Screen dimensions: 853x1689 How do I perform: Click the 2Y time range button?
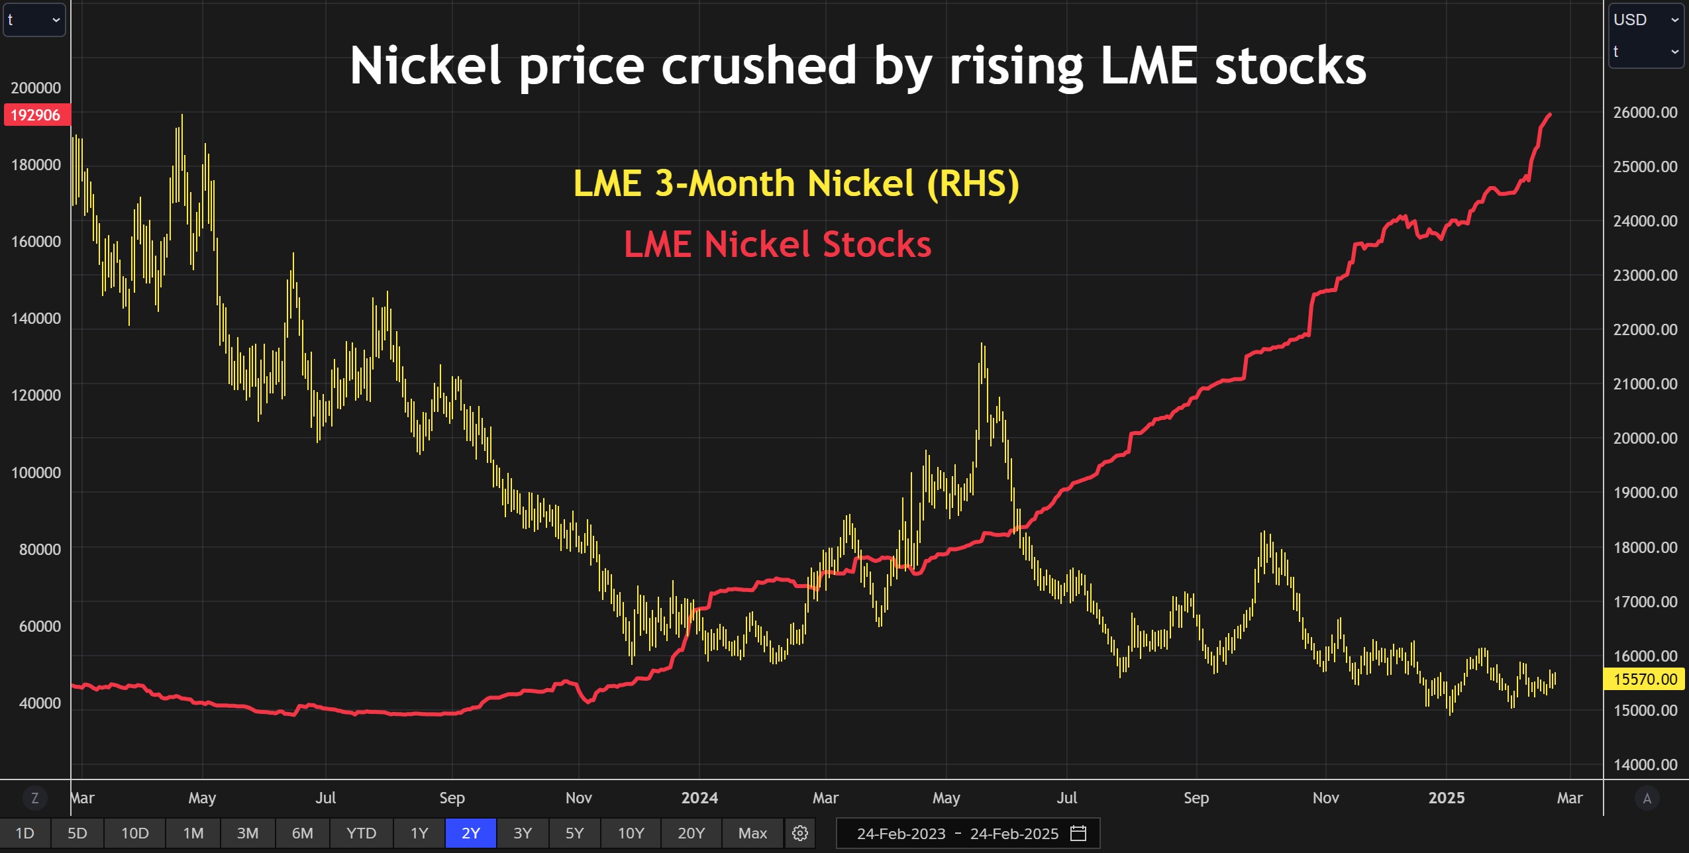coord(471,833)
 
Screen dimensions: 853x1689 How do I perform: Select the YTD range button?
coord(361,833)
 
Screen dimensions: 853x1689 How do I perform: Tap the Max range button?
coord(752,833)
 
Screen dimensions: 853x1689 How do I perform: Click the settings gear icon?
coord(800,833)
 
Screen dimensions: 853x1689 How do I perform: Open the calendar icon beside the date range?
coord(1078,833)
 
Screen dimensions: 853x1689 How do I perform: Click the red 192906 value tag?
coord(36,115)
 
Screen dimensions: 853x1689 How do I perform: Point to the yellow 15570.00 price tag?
coord(1645,679)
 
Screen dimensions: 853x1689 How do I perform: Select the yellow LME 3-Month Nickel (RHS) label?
coord(795,183)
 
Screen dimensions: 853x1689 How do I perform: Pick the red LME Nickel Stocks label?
coord(778,244)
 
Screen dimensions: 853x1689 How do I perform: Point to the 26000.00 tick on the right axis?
coord(1645,113)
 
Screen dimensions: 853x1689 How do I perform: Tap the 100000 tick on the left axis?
coord(36,472)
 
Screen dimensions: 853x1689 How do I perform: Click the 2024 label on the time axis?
coord(699,798)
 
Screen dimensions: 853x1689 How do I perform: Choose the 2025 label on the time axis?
coord(1446,798)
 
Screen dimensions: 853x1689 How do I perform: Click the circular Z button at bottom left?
coord(34,798)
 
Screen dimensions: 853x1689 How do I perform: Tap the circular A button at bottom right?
coord(1647,798)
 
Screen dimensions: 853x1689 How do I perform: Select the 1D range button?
coord(25,833)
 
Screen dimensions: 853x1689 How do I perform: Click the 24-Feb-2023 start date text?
coord(901,834)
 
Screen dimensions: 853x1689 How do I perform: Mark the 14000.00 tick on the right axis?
coord(1645,765)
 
